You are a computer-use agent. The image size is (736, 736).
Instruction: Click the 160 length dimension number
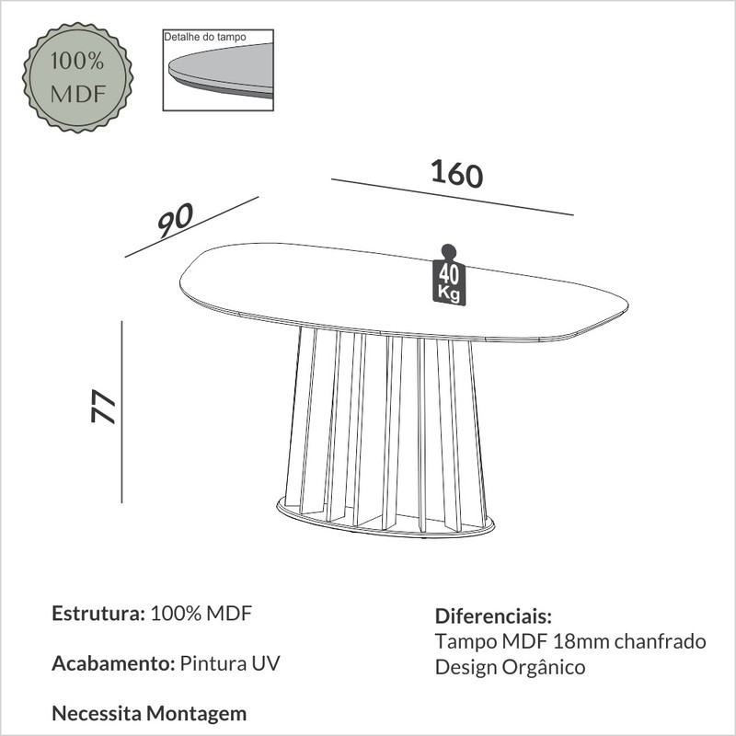click(x=456, y=174)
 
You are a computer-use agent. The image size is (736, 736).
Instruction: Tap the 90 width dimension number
click(x=175, y=220)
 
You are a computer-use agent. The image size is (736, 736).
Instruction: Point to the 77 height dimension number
click(x=103, y=406)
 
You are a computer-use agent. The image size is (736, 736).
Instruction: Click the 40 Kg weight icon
click(x=449, y=275)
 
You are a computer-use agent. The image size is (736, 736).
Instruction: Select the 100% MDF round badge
click(x=78, y=77)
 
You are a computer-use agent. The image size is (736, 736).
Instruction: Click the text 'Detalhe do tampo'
click(x=204, y=37)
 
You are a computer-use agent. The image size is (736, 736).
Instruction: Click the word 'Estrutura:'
click(x=98, y=614)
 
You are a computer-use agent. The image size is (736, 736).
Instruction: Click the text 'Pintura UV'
click(x=230, y=663)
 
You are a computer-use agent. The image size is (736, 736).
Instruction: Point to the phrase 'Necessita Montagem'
click(x=149, y=714)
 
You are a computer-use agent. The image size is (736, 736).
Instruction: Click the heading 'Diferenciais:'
click(x=493, y=616)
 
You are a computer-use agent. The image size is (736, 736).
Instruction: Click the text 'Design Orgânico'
click(x=511, y=668)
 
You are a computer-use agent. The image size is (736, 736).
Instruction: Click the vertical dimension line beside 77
click(x=122, y=412)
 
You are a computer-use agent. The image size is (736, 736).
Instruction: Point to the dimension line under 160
click(x=453, y=197)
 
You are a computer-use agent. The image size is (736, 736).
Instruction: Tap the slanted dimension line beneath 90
click(x=192, y=226)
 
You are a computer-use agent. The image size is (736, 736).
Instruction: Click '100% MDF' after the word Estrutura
click(x=201, y=614)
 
